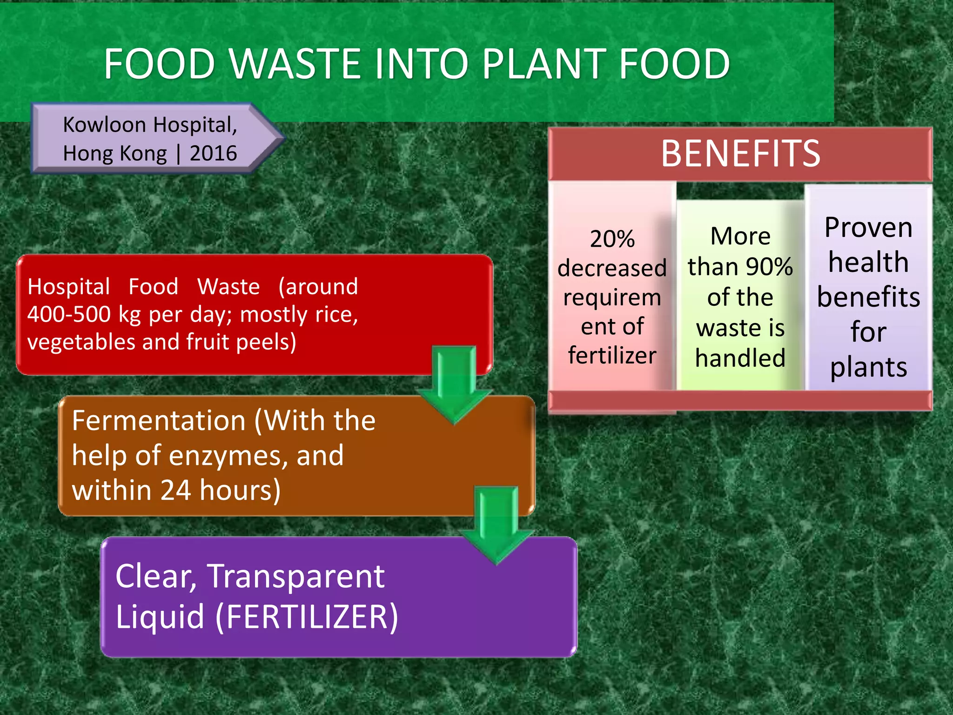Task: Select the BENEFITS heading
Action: coord(740,154)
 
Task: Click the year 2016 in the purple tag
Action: coord(213,154)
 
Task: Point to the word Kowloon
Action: coord(105,125)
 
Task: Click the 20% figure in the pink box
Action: coord(612,239)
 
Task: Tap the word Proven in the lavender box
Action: coord(868,228)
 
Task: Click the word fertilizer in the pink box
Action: coord(612,356)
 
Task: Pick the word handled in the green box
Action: coord(740,358)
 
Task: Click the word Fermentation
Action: coord(159,421)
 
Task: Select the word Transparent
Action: coord(296,576)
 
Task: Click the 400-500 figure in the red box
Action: coord(68,314)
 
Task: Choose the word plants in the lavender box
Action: coord(868,367)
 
